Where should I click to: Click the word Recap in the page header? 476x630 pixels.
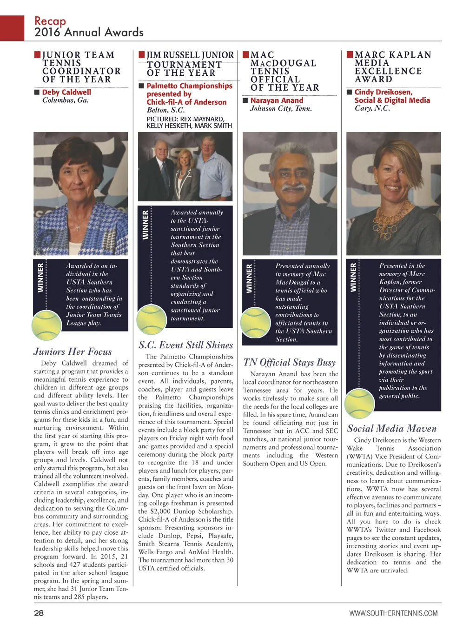50,21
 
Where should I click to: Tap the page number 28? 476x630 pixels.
39,613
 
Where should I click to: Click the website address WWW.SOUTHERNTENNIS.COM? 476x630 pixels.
393,613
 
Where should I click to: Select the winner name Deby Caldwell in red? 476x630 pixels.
66,92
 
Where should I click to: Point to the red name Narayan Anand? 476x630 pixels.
277,100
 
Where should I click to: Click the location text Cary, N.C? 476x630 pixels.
372,108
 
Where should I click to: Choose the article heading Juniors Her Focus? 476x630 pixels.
73,351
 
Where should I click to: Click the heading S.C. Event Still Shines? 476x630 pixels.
185,345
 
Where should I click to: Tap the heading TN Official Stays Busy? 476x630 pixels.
289,362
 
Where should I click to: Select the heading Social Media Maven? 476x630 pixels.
392,428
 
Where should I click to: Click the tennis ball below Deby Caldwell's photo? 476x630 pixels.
46,325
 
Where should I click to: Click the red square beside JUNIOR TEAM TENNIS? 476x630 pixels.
37,55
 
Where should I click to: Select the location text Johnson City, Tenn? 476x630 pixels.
281,109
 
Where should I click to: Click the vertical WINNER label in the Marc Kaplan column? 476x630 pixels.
353,278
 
